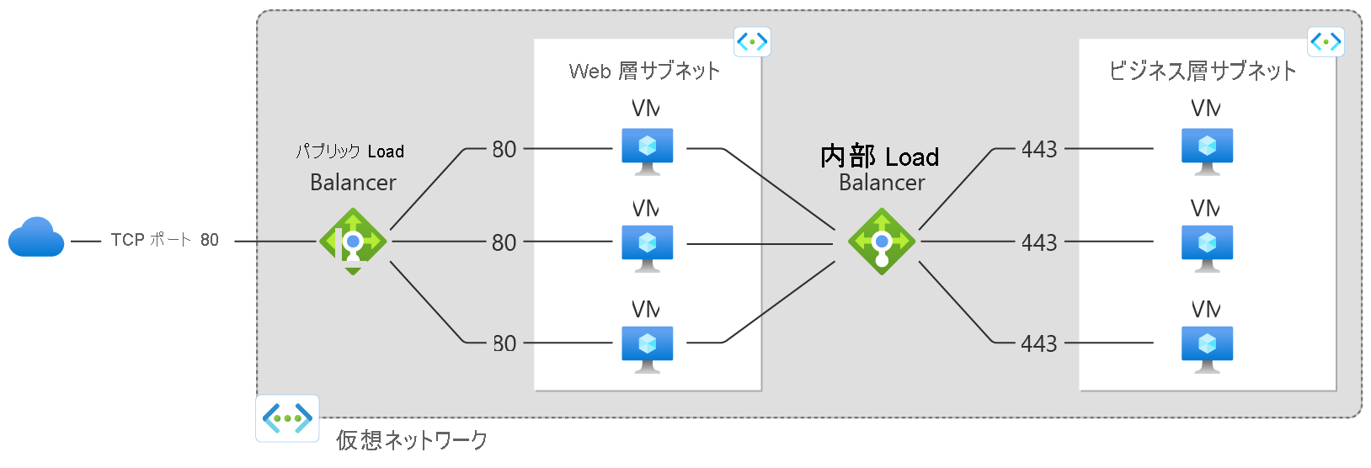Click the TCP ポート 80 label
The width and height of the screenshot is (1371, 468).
tap(165, 240)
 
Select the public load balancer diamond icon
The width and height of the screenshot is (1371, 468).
tap(353, 242)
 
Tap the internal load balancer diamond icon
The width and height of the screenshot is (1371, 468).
tap(882, 242)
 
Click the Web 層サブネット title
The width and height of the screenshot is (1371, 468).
tap(644, 71)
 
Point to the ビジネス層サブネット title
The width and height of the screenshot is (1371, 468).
tap(1203, 71)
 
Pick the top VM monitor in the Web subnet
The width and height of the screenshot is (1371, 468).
tap(647, 150)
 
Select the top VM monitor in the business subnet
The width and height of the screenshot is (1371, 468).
tap(1207, 150)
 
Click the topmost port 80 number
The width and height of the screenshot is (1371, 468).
tap(504, 150)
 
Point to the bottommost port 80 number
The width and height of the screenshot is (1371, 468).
tap(504, 343)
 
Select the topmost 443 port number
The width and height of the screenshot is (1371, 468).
tap(1039, 150)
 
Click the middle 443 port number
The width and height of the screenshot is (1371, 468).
tap(1039, 243)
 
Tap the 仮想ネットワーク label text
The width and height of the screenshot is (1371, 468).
tap(412, 439)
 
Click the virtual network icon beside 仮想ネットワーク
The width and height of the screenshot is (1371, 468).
tap(287, 417)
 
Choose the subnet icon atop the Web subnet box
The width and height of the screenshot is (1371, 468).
tap(752, 41)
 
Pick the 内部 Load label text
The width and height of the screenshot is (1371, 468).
tap(880, 157)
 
